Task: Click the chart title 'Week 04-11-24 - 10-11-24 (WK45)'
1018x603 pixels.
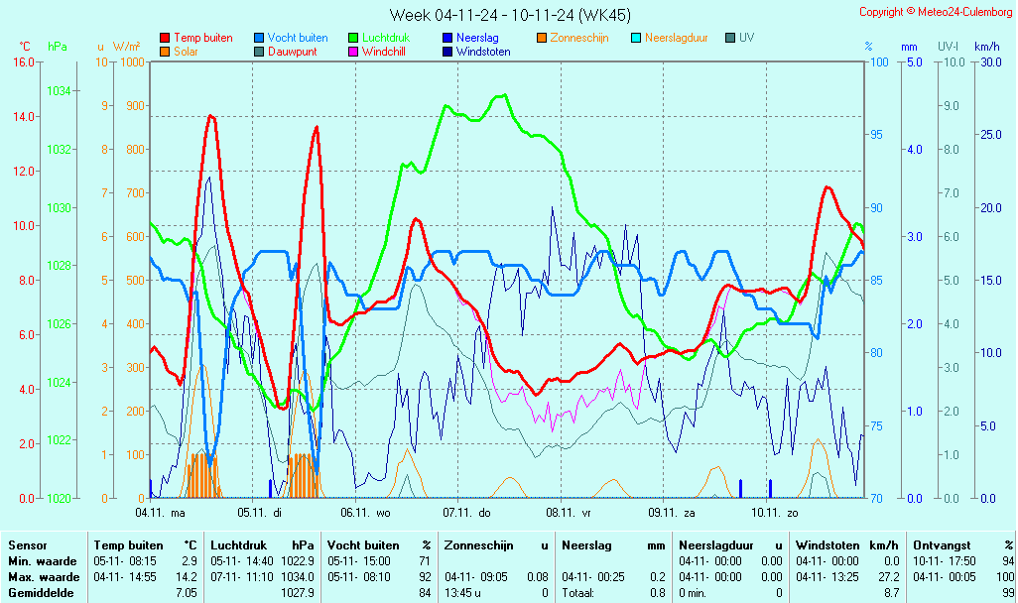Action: click(x=509, y=15)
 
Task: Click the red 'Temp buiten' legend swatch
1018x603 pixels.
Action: click(x=164, y=38)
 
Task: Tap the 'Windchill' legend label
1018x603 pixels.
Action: click(x=382, y=52)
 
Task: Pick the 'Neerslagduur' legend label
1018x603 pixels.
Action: click(x=676, y=38)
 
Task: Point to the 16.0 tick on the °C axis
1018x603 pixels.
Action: click(x=23, y=62)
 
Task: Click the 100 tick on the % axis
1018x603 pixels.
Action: click(x=879, y=62)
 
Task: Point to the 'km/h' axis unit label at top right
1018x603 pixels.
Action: click(x=986, y=47)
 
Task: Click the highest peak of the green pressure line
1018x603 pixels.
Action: click(x=504, y=95)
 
